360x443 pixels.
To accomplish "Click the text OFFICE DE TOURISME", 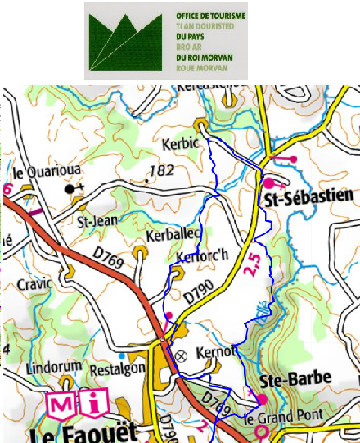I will tap(211, 16).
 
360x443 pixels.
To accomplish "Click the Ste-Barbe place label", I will tap(295, 379).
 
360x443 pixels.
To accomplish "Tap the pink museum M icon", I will tap(62, 404).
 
